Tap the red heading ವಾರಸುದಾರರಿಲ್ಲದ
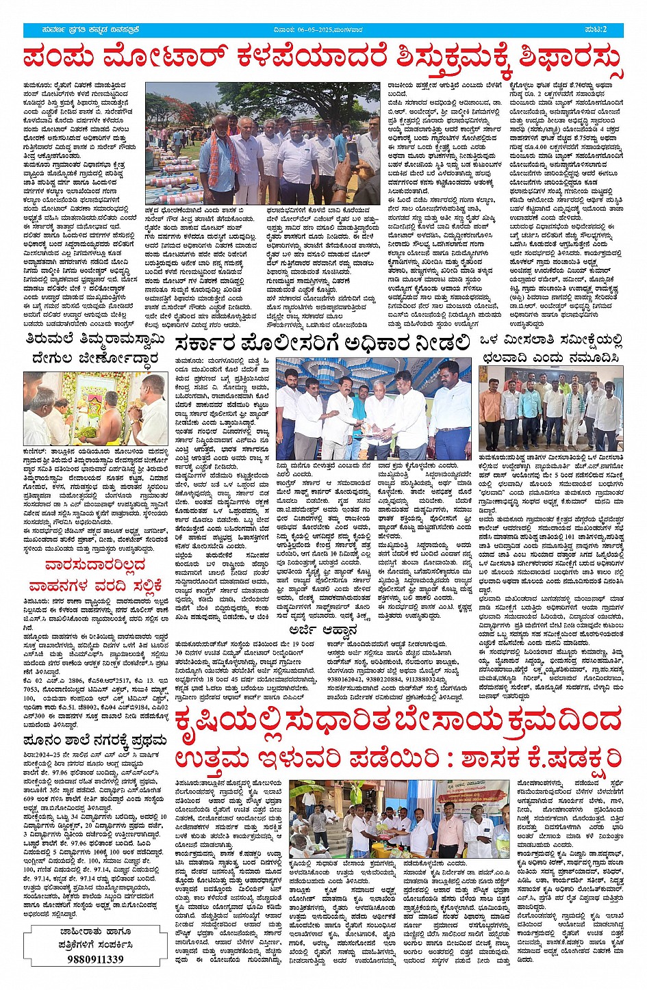[x=95, y=564]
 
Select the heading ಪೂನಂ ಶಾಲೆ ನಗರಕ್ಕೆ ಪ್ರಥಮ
[x=94, y=741]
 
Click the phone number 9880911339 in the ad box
[x=96, y=959]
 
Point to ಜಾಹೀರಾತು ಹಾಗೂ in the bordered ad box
[x=95, y=932]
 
